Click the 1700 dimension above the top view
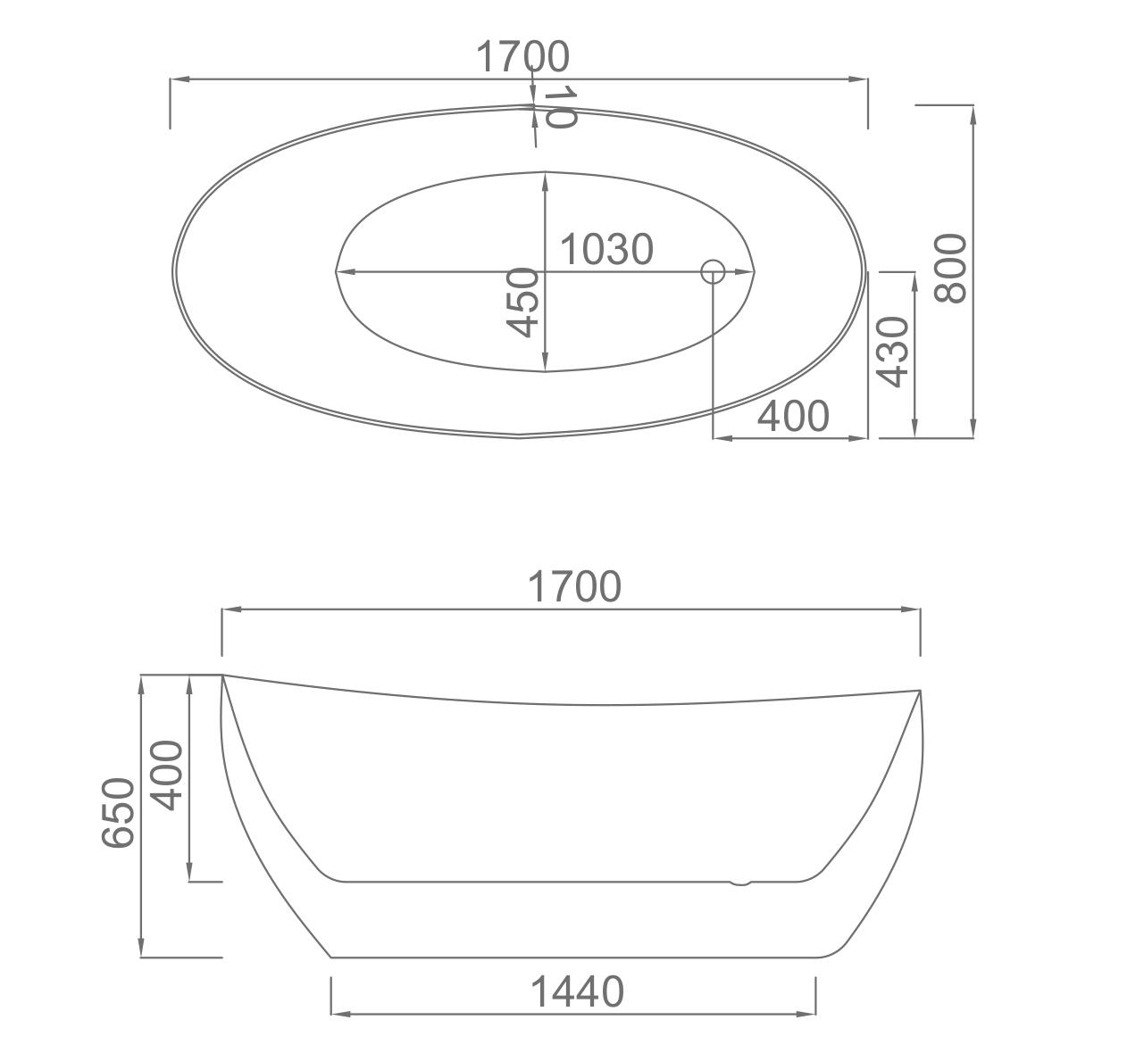click(x=522, y=56)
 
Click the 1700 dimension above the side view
click(x=574, y=586)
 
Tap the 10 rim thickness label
click(x=559, y=106)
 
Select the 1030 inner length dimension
click(x=606, y=249)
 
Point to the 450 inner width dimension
click(x=522, y=303)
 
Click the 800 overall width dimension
click(x=951, y=268)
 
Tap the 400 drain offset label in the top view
click(x=793, y=416)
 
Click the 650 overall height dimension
click(x=118, y=812)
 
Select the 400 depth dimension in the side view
click(x=166, y=775)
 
